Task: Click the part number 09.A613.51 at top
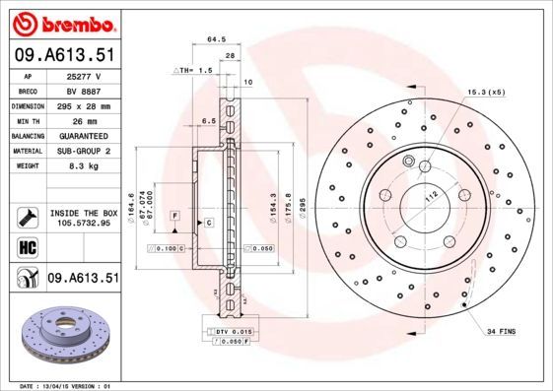[64, 55]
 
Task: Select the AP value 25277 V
[84, 75]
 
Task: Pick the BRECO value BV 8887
[83, 90]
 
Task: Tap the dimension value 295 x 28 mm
[84, 104]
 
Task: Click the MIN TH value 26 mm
[84, 119]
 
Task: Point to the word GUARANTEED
[84, 135]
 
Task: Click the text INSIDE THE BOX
[84, 213]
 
